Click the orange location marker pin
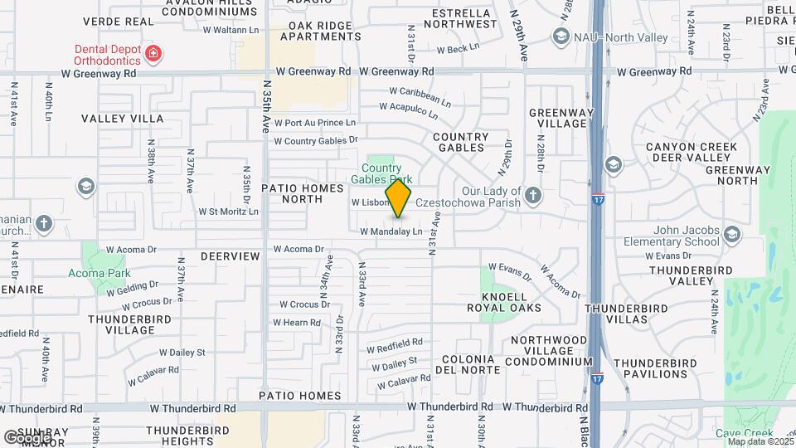(x=399, y=197)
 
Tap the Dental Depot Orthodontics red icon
(x=153, y=55)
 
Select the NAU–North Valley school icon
(x=561, y=37)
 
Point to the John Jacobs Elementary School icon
(x=731, y=235)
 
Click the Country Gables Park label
(x=381, y=173)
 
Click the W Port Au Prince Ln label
(x=315, y=122)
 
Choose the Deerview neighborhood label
(x=230, y=256)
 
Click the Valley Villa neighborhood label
(x=123, y=119)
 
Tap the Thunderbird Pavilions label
(x=660, y=368)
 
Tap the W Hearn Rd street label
(x=296, y=323)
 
